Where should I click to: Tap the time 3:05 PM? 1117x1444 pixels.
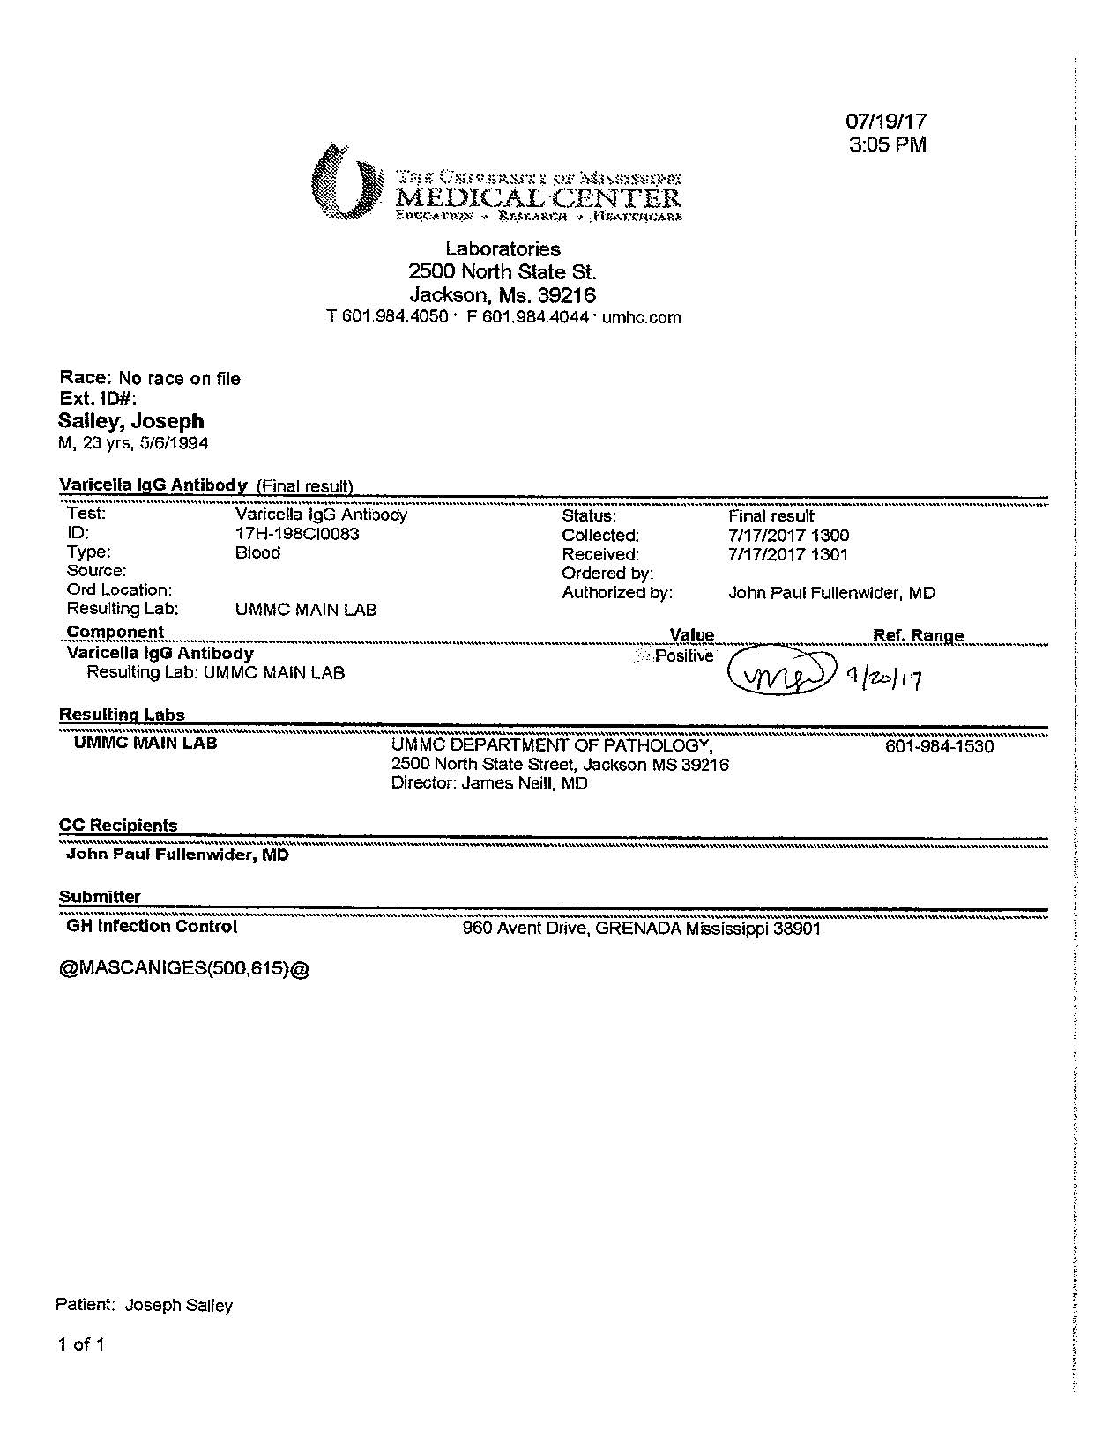click(x=887, y=145)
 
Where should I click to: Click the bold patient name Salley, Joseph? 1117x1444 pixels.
click(x=131, y=421)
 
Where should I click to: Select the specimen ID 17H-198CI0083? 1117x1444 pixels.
click(x=297, y=534)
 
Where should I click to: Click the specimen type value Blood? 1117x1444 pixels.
click(x=257, y=553)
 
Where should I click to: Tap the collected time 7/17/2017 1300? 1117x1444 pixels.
click(x=788, y=535)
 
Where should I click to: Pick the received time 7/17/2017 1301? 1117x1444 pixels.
click(x=788, y=554)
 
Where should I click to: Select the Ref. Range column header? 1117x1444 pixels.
click(x=917, y=635)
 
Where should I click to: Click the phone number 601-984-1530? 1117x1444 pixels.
click(x=938, y=747)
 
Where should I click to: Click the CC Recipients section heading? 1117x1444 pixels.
click(x=118, y=826)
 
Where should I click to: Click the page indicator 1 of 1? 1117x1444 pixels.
click(x=81, y=1344)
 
